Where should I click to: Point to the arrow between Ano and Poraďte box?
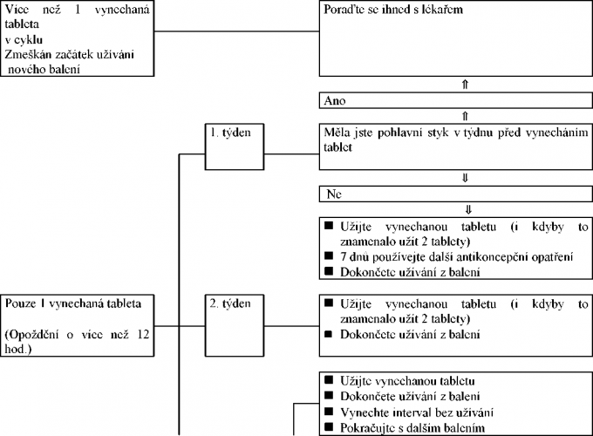coord(466,85)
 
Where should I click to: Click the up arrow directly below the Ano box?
coord(466,115)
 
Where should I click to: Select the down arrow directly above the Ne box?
coord(466,177)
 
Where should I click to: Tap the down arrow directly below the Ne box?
coord(466,208)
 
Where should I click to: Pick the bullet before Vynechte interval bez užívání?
coord(330,411)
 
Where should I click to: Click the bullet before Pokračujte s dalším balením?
coord(330,426)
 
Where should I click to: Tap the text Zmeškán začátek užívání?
coord(66,55)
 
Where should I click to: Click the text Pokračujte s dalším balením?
coord(413,426)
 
